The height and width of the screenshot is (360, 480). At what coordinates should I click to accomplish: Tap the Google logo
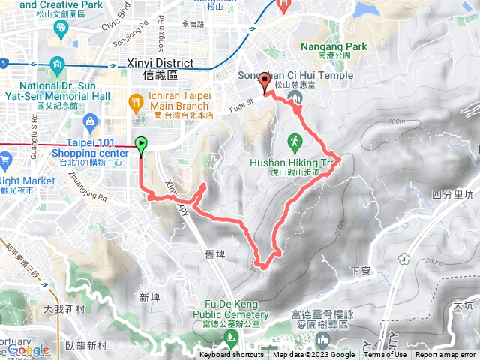28,350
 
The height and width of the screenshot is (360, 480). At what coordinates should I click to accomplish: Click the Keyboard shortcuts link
232,355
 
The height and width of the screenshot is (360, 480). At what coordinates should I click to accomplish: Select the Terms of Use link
386,355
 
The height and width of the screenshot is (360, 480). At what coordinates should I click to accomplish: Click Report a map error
445,355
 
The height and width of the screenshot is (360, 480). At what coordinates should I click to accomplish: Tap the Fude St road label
243,98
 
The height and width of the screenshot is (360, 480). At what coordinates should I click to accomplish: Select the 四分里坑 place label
453,194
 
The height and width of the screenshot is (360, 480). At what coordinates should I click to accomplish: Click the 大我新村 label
64,308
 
